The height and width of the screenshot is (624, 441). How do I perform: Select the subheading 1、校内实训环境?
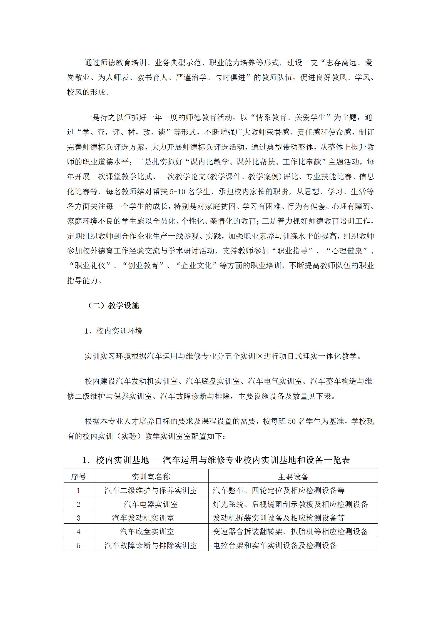tap(114, 331)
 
